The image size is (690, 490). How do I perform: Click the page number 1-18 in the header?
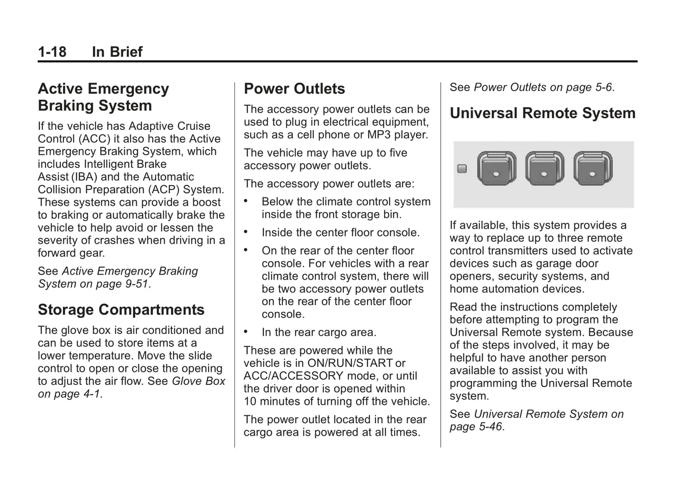tap(52, 52)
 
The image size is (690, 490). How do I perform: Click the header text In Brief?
tap(117, 52)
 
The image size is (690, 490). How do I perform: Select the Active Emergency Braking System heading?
tap(103, 97)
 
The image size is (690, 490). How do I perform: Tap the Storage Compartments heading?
tap(121, 309)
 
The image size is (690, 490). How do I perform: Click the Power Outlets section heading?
tap(294, 89)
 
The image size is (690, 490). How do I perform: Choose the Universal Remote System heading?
tap(542, 113)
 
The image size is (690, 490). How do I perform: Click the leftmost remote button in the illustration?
tap(496, 169)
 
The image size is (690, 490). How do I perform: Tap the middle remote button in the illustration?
tap(544, 169)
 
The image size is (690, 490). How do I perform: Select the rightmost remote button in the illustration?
tap(593, 169)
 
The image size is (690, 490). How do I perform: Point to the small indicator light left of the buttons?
tap(462, 169)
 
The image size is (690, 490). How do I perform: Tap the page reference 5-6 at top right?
tap(603, 87)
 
